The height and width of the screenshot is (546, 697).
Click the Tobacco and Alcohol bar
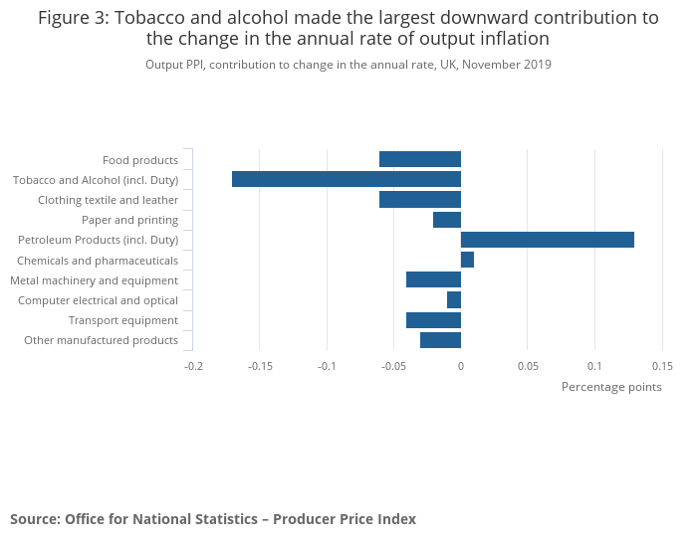tap(347, 179)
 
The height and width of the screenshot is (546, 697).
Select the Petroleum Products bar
tap(547, 240)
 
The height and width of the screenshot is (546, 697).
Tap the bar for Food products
tap(420, 159)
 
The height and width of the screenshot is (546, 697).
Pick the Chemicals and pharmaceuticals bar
tap(467, 260)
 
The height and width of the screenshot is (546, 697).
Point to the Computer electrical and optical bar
tap(454, 299)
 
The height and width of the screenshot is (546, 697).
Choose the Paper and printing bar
tap(447, 220)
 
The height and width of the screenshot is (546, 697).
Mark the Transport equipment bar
tap(433, 320)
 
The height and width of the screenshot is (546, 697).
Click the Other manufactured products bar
tap(440, 340)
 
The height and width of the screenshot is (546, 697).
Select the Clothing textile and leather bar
tap(420, 199)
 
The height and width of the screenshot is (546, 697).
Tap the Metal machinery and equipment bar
tap(433, 279)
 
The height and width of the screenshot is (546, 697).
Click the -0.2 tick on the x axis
tap(193, 366)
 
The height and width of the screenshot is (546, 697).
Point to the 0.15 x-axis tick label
tap(661, 366)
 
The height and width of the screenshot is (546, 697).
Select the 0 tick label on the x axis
tap(460, 366)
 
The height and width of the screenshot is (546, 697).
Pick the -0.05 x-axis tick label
tap(393, 366)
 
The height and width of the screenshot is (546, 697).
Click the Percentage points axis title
tap(611, 387)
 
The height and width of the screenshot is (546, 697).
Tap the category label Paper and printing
tap(130, 220)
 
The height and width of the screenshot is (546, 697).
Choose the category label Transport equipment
tap(123, 320)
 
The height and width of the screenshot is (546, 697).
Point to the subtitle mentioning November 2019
tap(348, 65)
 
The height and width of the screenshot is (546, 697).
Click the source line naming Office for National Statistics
tap(213, 519)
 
